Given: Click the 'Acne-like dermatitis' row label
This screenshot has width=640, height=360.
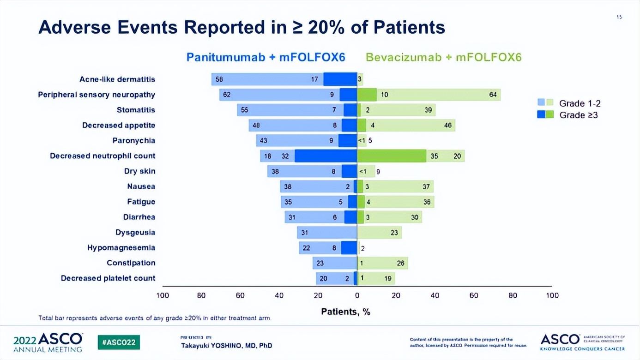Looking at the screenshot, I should [x=117, y=79].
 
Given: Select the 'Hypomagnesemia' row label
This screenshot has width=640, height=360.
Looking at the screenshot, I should [x=121, y=248].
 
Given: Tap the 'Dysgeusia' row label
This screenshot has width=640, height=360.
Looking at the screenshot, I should [x=135, y=233].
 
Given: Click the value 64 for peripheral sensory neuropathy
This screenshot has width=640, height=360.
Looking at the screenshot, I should [x=493, y=95].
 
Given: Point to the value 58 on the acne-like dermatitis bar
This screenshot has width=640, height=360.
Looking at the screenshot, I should [x=219, y=79].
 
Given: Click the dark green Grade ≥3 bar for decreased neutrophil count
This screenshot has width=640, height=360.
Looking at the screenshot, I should [x=392, y=156].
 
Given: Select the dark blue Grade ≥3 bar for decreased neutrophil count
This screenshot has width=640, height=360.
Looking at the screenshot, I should [x=326, y=156].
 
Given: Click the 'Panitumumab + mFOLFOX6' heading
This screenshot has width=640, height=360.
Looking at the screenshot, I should [x=266, y=57].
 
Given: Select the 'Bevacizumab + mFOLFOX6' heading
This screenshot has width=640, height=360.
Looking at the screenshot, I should [x=443, y=57].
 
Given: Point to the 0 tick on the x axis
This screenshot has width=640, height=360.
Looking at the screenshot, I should [x=357, y=295].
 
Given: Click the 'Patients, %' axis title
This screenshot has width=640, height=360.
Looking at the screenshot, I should [x=346, y=312].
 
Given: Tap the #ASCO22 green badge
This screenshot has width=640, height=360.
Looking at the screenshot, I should [x=119, y=342].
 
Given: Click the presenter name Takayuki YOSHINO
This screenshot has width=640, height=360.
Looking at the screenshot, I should [x=226, y=345].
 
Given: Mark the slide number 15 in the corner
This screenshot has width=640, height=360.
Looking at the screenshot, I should [x=619, y=17].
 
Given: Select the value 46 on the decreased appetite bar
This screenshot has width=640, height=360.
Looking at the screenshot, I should [x=448, y=126].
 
